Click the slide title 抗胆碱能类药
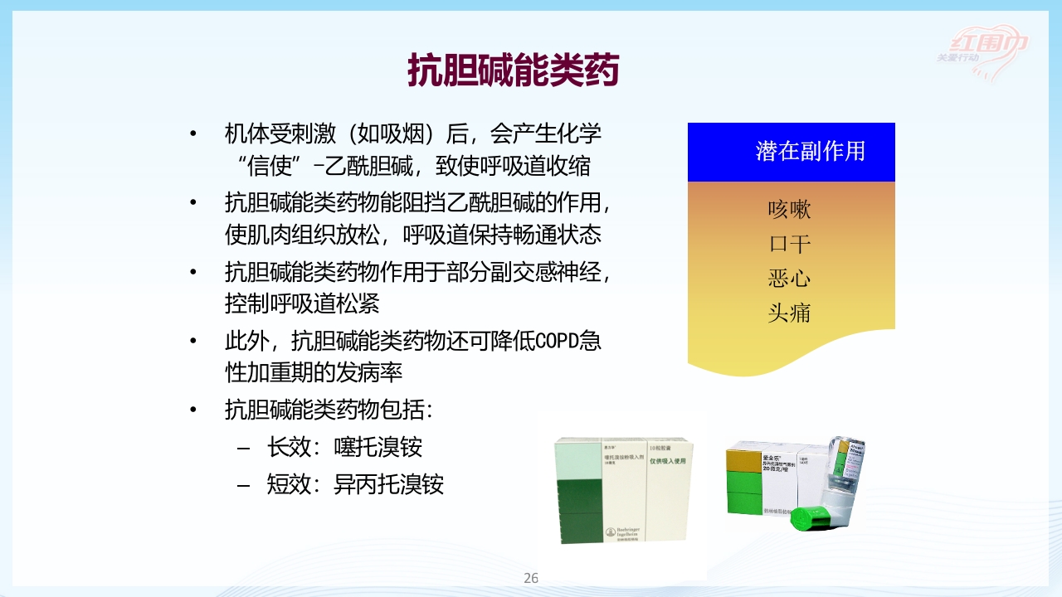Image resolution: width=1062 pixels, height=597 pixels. pos(513,70)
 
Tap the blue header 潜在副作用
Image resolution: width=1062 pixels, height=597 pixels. pos(810,151)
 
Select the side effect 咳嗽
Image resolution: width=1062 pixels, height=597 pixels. pos(789,209)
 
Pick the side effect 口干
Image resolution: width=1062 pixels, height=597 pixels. pos(789,244)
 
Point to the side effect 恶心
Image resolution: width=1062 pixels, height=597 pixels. pos(789,278)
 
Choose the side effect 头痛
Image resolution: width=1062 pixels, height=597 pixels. pos(789,313)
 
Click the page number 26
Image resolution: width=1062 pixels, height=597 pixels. pos(531,578)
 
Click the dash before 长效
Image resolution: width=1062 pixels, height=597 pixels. pos(243,449)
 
